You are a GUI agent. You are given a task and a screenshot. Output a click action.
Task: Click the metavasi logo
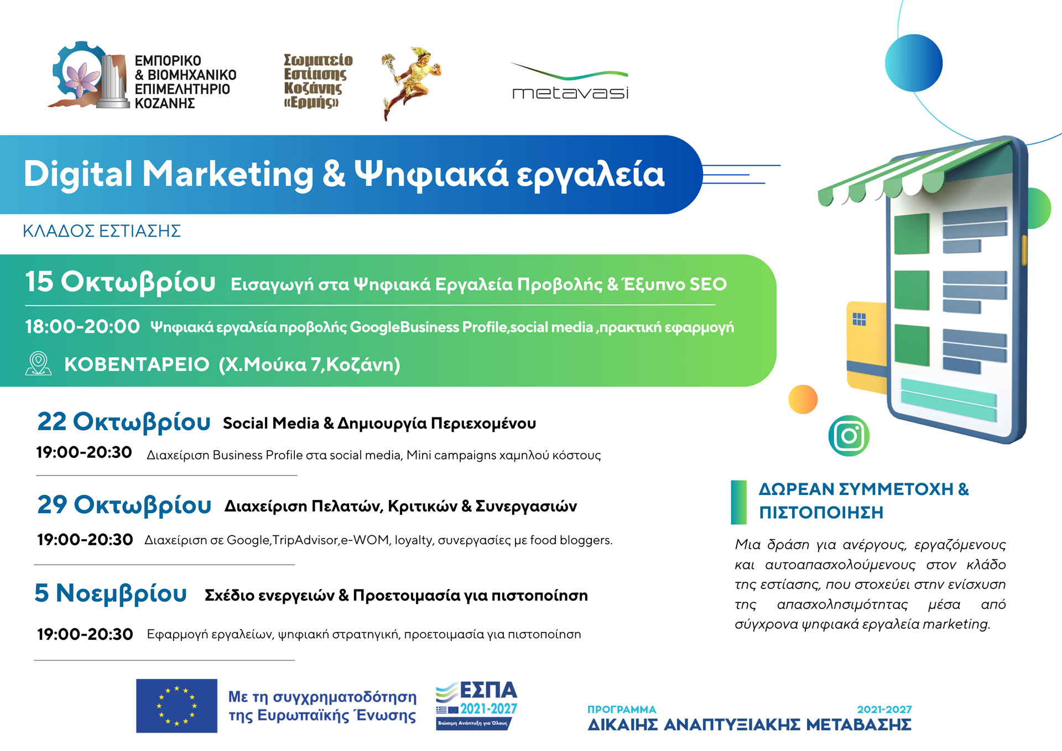pos(570,81)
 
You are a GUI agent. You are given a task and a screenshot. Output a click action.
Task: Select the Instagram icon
pos(849,436)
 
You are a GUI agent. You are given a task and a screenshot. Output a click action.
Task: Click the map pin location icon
pos(38,364)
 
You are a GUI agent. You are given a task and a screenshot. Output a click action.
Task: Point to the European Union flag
pos(176,706)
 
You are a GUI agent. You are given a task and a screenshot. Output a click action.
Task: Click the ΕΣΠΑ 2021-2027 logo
pos(476,705)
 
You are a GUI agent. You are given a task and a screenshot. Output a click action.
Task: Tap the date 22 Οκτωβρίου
pos(124,423)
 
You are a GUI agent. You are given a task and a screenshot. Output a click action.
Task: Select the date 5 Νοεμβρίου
pos(111,593)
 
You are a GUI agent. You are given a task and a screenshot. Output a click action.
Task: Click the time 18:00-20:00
pos(82,326)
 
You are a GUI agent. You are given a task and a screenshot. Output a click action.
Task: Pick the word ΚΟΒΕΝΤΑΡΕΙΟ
pos(137,364)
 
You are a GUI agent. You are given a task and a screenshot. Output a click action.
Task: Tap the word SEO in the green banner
pos(708,284)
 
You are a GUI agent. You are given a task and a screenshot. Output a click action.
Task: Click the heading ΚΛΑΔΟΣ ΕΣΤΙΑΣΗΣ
pos(102,231)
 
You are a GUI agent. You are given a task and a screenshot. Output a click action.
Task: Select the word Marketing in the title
pos(228,174)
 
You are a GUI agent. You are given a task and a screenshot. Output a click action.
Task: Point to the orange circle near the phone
pos(803,399)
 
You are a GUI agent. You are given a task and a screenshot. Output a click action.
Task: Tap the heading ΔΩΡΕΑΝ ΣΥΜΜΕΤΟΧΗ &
pos(863,489)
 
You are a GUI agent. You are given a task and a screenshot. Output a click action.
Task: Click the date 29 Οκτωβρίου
pos(124,505)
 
